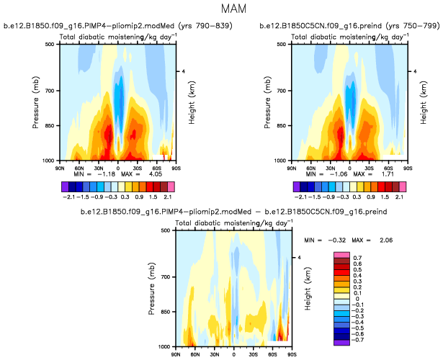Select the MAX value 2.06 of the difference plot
(x=380, y=239)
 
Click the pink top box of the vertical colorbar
(x=340, y=256)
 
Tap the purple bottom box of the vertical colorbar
(x=340, y=342)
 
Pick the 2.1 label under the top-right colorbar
(x=400, y=196)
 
